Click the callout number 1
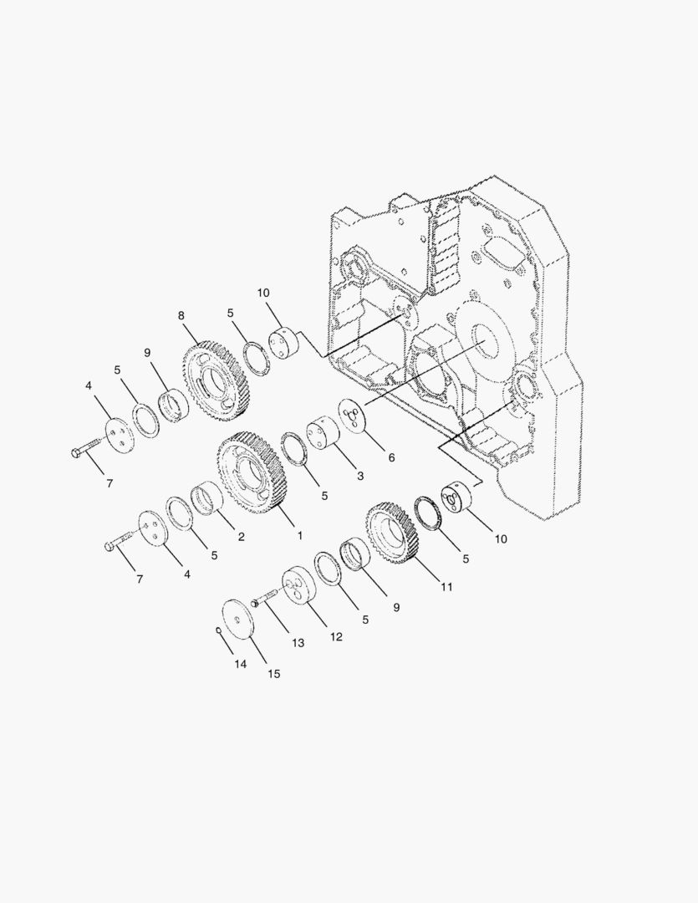pyautogui.click(x=299, y=536)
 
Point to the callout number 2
pyautogui.click(x=242, y=537)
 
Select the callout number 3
pyautogui.click(x=360, y=476)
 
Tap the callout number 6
pyautogui.click(x=391, y=458)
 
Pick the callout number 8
pyautogui.click(x=181, y=315)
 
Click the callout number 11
pyautogui.click(x=447, y=587)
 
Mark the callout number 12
pyautogui.click(x=336, y=636)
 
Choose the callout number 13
pyautogui.click(x=298, y=643)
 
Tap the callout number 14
pyautogui.click(x=240, y=664)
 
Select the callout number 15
pyautogui.click(x=274, y=674)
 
